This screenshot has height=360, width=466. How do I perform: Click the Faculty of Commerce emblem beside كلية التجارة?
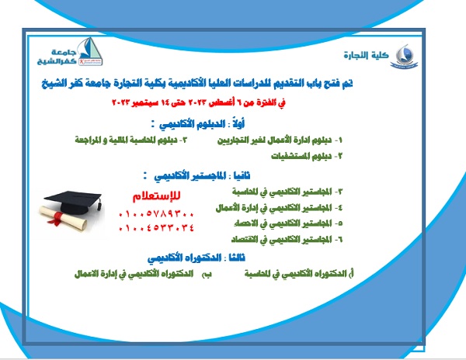click(x=405, y=55)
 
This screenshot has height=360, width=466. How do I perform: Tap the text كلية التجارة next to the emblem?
click(x=364, y=56)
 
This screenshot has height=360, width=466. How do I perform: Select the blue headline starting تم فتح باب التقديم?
click(x=231, y=81)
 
